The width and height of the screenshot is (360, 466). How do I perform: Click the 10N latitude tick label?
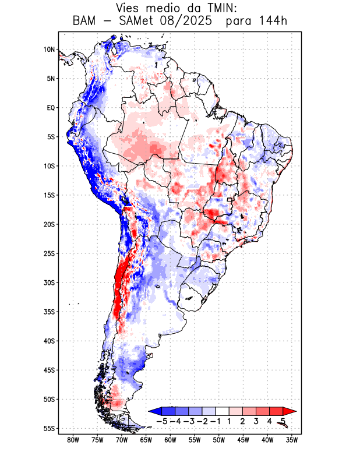coord(49,50)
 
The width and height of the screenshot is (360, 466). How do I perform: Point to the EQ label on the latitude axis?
coord(51,108)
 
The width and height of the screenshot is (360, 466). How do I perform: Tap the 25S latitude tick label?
coord(49,253)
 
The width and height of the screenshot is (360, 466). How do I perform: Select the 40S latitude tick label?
coord(49,341)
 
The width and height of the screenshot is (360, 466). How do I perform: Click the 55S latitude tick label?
coord(49,428)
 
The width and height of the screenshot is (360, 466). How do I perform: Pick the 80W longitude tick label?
coord(73,440)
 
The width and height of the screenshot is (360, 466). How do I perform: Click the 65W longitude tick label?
coord(146,440)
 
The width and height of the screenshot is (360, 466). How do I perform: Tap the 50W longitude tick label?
coord(218,440)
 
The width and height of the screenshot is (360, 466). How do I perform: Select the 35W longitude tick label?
coord(291,440)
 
